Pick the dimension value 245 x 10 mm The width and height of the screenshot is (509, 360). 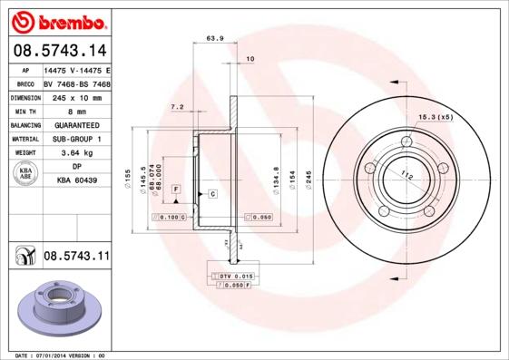point(76,96)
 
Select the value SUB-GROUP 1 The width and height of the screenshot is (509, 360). point(76,139)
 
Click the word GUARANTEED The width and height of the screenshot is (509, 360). point(76,124)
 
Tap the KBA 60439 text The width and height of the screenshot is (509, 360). point(76,181)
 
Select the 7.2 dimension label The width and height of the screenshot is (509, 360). point(177,108)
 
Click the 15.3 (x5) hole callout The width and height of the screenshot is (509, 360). point(435,117)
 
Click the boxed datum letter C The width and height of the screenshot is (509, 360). point(211,194)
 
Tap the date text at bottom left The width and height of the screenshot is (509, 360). point(60,355)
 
